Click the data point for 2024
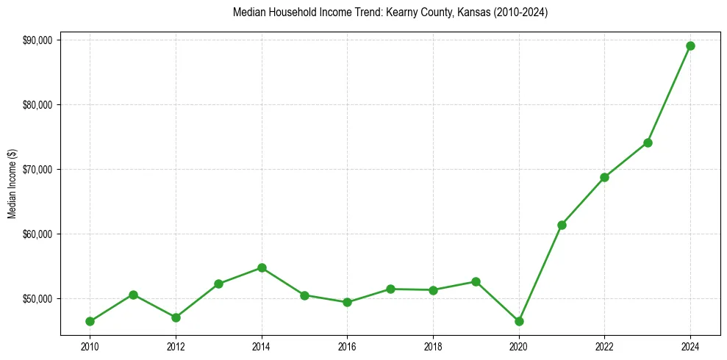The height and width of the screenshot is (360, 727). click(690, 46)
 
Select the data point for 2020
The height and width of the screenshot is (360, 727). click(519, 321)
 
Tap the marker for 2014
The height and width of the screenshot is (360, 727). click(262, 267)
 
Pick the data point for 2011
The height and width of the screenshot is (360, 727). click(133, 295)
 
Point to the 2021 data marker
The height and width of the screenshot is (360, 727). click(562, 225)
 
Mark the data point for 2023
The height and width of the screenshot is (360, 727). click(648, 143)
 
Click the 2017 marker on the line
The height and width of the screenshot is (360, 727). click(390, 289)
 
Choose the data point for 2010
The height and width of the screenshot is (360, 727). click(90, 321)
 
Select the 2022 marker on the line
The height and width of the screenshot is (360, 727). click(604, 177)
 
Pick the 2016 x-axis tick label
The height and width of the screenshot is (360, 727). click(347, 346)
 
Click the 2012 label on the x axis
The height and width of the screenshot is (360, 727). click(176, 346)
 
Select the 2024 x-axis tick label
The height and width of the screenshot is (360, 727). click(690, 346)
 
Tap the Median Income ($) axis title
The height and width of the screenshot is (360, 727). click(12, 183)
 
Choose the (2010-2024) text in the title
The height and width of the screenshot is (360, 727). click(521, 12)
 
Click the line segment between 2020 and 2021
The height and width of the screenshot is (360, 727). click(540, 273)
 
